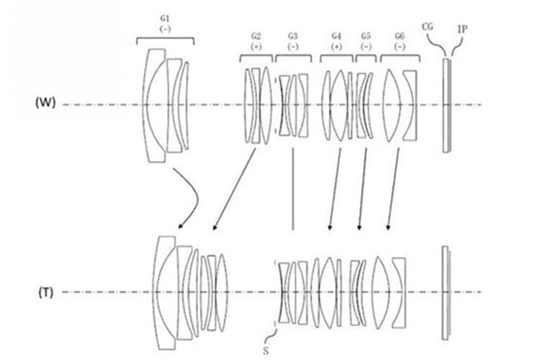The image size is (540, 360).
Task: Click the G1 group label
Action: click(x=165, y=19)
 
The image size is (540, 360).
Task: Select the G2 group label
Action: click(x=256, y=36)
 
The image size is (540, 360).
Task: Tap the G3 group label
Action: click(x=293, y=36)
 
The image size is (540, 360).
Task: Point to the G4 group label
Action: click(x=337, y=36)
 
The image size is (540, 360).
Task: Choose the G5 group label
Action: click(x=366, y=36)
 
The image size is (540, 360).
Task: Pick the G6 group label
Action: click(x=399, y=36)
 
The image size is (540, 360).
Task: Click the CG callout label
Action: click(x=428, y=27)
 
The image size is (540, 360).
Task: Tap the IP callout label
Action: click(x=462, y=30)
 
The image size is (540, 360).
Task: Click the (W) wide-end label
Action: click(x=45, y=103)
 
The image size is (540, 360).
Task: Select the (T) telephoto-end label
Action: click(x=46, y=293)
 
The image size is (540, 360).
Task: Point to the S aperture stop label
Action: click(x=266, y=350)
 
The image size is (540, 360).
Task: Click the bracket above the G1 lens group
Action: click(x=165, y=38)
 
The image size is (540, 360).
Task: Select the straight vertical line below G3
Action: click(x=293, y=189)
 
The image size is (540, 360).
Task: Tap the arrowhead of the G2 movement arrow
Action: click(x=215, y=227)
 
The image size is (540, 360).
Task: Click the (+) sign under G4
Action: click(x=337, y=47)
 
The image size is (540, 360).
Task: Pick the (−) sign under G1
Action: click(x=165, y=29)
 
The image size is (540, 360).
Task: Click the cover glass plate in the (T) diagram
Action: click(x=445, y=293)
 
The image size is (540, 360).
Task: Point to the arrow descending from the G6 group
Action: click(x=394, y=189)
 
